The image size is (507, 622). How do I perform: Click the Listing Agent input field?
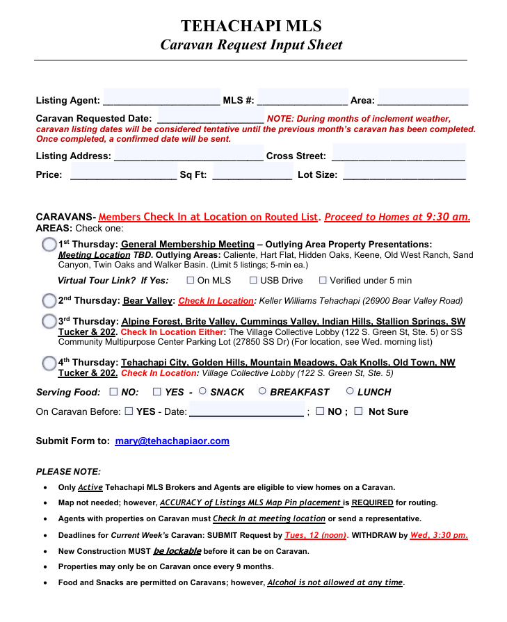(x=161, y=99)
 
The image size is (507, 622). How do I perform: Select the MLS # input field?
(x=303, y=99)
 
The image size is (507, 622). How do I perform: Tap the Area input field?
(x=423, y=99)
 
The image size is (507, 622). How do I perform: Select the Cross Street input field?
(x=399, y=155)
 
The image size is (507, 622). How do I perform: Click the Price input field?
(x=123, y=174)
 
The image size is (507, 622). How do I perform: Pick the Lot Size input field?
(x=404, y=174)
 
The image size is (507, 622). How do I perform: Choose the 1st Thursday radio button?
(x=49, y=245)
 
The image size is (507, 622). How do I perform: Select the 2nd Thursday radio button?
(x=49, y=301)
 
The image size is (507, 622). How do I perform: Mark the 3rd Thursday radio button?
(x=49, y=322)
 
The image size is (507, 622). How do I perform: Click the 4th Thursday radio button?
(x=49, y=363)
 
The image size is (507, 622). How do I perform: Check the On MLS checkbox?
(x=191, y=280)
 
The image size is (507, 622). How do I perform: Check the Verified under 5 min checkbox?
(x=323, y=280)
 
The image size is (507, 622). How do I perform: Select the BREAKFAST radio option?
(x=262, y=391)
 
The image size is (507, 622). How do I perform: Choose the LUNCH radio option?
(x=350, y=391)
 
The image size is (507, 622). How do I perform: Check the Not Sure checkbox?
(x=358, y=411)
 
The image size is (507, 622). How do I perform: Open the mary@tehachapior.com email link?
(x=172, y=441)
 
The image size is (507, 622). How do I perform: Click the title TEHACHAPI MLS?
(x=251, y=26)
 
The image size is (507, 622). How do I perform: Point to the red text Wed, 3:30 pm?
(x=438, y=535)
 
